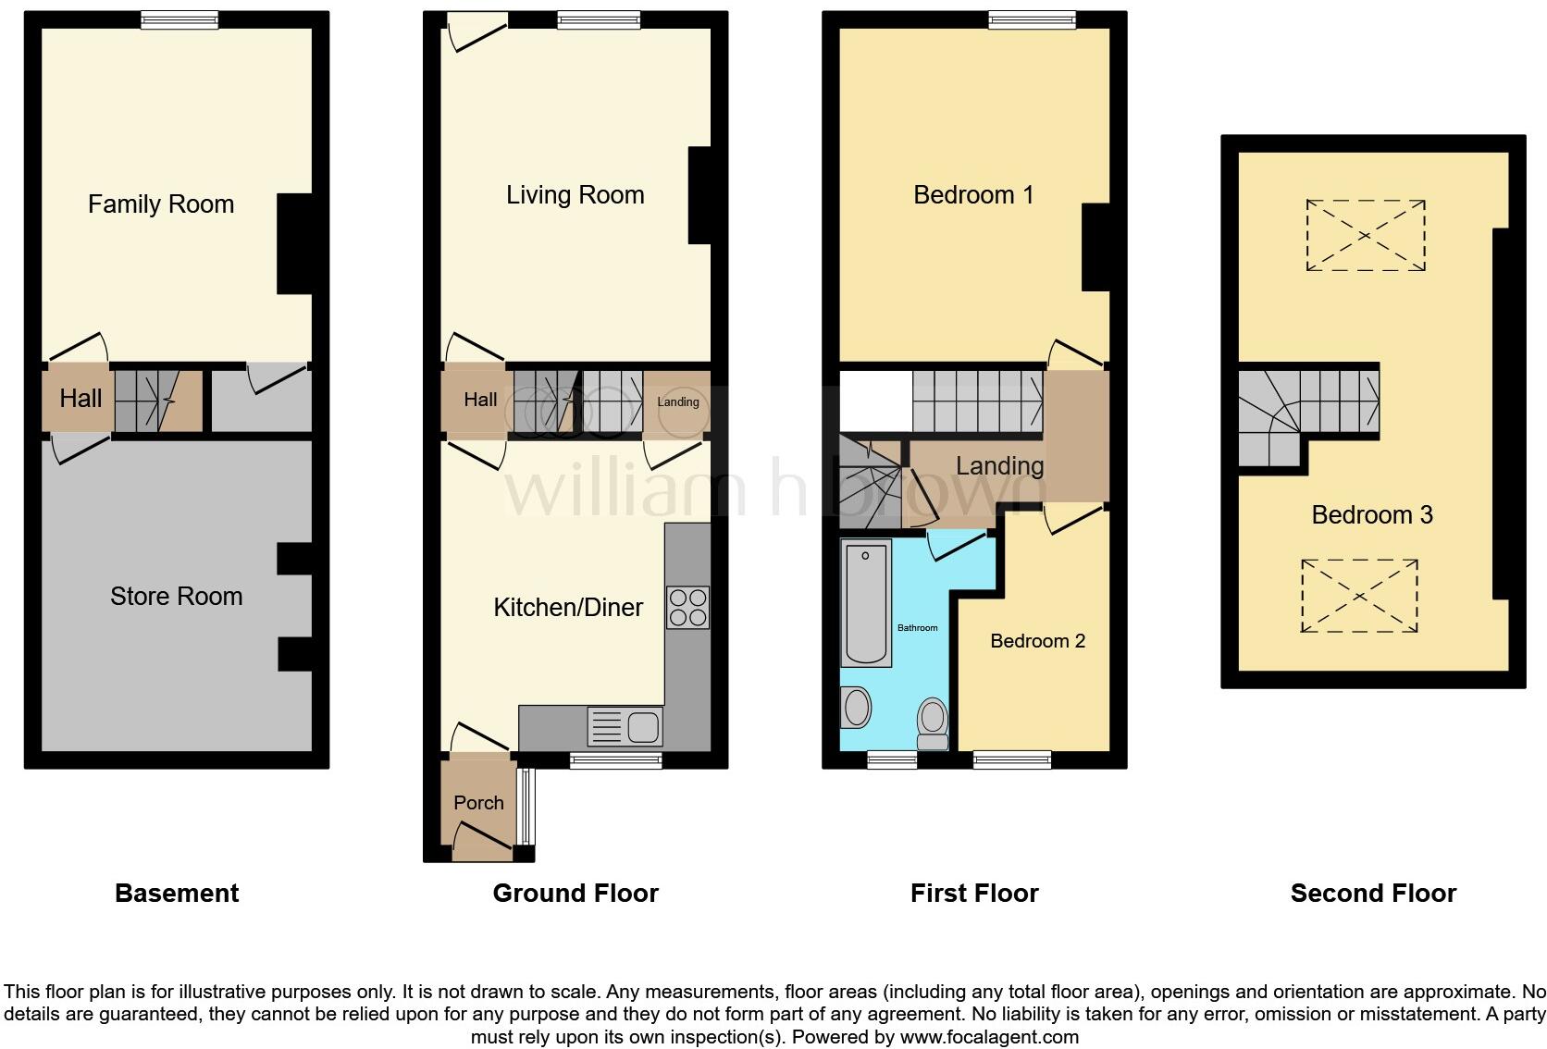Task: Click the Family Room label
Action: pyautogui.click(x=161, y=204)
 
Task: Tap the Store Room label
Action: pyautogui.click(x=176, y=596)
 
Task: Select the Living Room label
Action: pyautogui.click(x=575, y=195)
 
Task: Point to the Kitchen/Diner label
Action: pyautogui.click(x=568, y=608)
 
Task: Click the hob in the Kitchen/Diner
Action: pyautogui.click(x=687, y=607)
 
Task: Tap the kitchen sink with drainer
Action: pyautogui.click(x=625, y=726)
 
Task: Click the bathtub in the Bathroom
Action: pyautogui.click(x=866, y=603)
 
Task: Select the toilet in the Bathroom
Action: pyautogui.click(x=933, y=723)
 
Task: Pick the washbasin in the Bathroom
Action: pyautogui.click(x=856, y=707)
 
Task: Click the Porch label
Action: pyautogui.click(x=478, y=803)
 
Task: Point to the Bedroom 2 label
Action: pyautogui.click(x=1037, y=642)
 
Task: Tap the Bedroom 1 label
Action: pyautogui.click(x=973, y=195)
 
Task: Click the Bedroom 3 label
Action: pyautogui.click(x=1372, y=515)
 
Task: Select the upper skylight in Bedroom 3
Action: pyautogui.click(x=1366, y=236)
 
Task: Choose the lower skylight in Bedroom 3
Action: pyautogui.click(x=1360, y=596)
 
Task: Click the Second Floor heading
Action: pyautogui.click(x=1374, y=894)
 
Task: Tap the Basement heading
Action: pyautogui.click(x=177, y=894)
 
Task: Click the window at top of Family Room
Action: pyautogui.click(x=179, y=19)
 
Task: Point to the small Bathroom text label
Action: pyautogui.click(x=917, y=628)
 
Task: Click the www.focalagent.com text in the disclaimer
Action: pyautogui.click(x=989, y=1037)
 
